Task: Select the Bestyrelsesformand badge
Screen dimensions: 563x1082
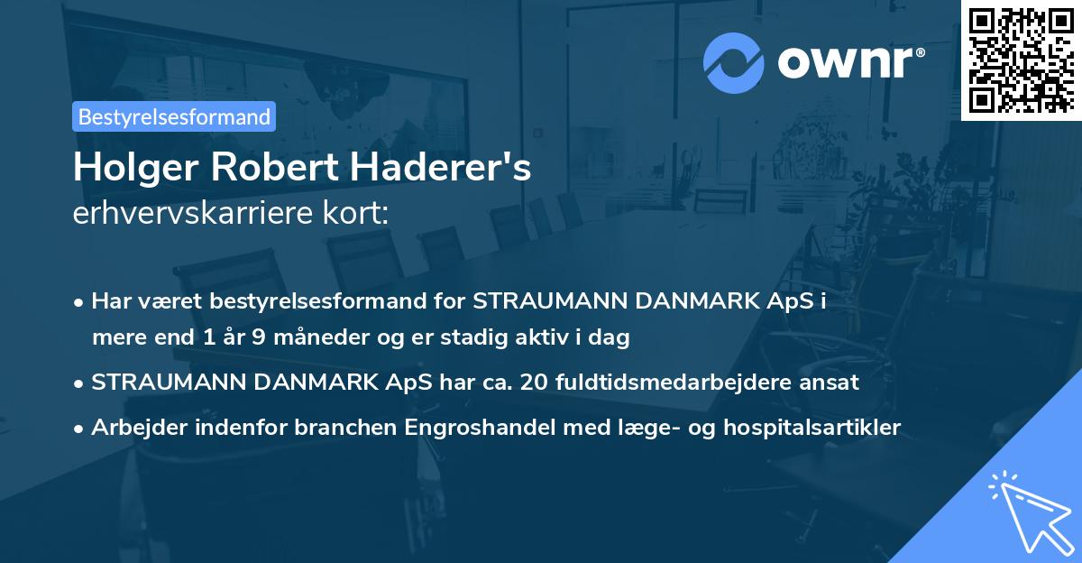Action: click(174, 116)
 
